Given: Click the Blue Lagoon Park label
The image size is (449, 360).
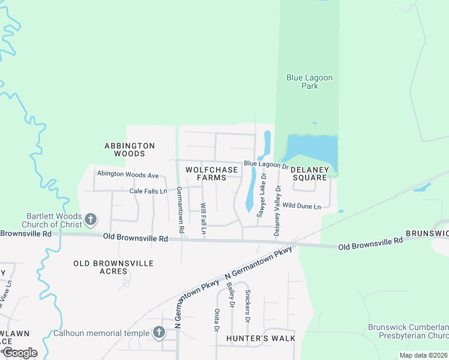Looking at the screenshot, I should (x=309, y=82).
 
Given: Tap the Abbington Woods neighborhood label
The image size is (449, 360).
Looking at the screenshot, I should (x=130, y=149).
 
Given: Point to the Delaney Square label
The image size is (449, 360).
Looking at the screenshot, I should (x=310, y=173).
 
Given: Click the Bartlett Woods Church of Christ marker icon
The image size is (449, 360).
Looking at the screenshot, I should (x=91, y=219).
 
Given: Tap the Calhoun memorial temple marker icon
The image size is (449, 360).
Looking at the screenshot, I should (x=158, y=332).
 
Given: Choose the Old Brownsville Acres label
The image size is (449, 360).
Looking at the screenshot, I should (x=113, y=267).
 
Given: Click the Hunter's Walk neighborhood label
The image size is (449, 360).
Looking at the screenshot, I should (x=261, y=338).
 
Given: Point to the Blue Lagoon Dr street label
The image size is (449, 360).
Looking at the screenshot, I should (x=267, y=164).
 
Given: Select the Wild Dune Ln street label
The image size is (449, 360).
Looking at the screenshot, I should (x=301, y=206).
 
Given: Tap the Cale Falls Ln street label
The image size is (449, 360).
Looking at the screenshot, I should (x=148, y=191).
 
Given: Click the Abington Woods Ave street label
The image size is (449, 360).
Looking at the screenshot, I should (x=128, y=175).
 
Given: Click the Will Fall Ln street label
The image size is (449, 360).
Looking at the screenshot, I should (x=203, y=218).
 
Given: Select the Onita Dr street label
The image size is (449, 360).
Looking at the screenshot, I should (x=216, y=320).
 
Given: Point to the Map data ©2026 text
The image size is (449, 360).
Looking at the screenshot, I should (x=423, y=355).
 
